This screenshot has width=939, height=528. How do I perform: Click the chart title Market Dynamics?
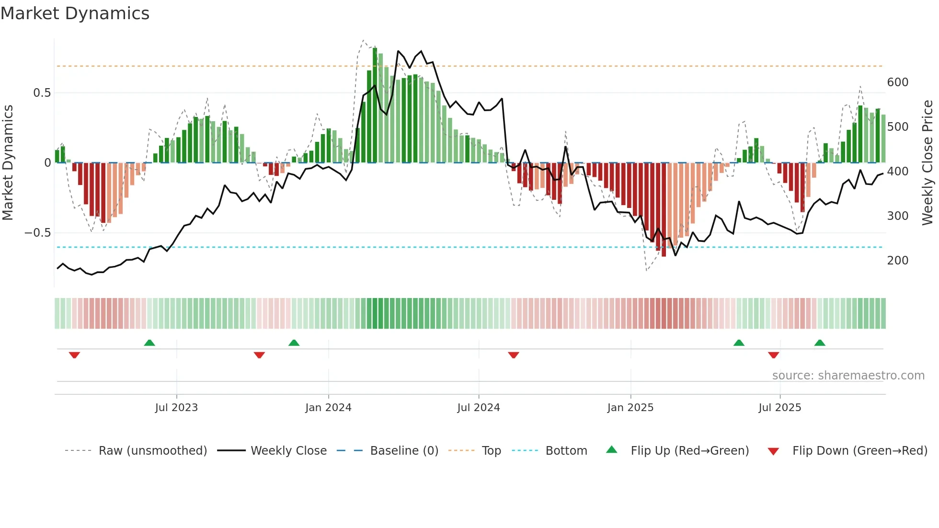(x=75, y=13)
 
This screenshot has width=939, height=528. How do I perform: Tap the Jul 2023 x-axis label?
(x=176, y=408)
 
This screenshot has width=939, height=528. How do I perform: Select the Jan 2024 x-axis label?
(x=328, y=408)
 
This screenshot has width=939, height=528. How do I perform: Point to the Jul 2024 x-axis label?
(x=479, y=408)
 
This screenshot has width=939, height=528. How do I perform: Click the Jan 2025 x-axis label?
(x=630, y=408)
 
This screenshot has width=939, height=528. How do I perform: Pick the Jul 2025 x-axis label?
(x=779, y=408)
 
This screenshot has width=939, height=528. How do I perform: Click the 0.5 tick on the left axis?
(x=42, y=93)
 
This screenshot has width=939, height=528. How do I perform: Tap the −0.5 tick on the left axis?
(x=37, y=233)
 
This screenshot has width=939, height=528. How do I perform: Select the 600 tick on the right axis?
(x=897, y=82)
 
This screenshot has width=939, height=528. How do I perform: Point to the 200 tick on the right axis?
(x=897, y=261)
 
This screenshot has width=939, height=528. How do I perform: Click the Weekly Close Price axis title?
(x=928, y=163)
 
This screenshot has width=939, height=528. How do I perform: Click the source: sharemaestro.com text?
(x=848, y=376)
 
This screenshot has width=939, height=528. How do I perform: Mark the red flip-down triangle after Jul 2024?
(x=514, y=355)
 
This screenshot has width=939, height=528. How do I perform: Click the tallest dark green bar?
(x=375, y=105)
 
